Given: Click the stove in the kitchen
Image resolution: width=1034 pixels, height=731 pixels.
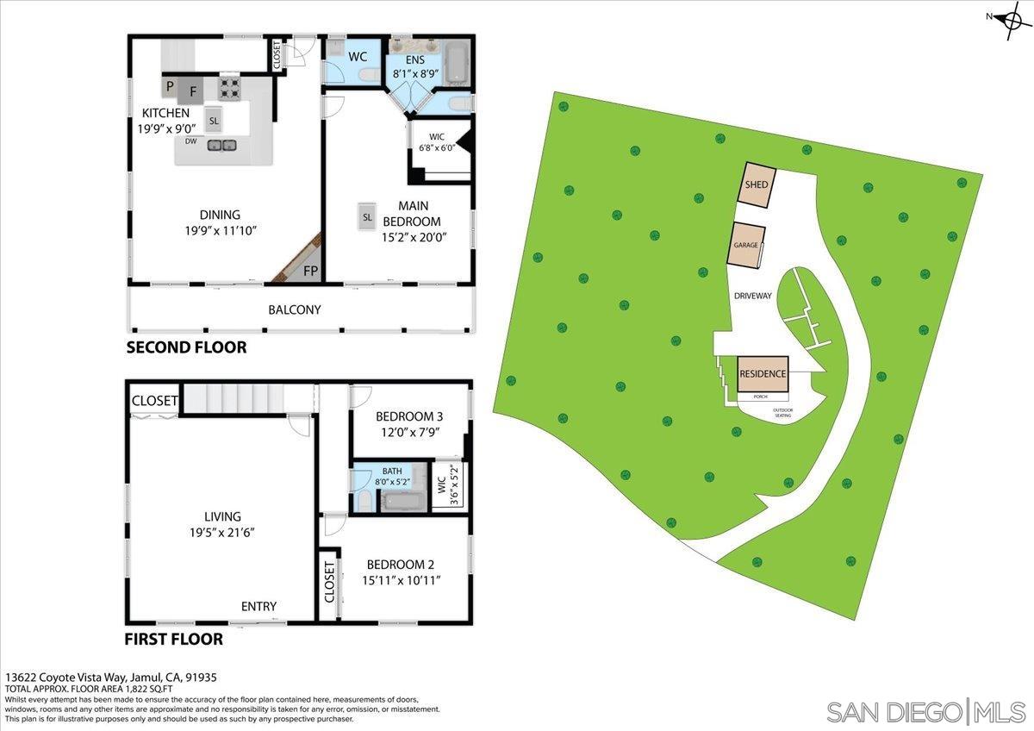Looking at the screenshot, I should [x=230, y=86].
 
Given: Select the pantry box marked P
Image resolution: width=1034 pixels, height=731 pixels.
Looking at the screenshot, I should [x=170, y=86].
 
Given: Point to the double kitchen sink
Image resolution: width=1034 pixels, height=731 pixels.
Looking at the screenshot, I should [x=221, y=146].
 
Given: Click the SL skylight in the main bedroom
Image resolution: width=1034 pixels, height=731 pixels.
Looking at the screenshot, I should [x=367, y=217].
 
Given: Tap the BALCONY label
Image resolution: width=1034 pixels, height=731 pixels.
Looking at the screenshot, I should [x=294, y=309].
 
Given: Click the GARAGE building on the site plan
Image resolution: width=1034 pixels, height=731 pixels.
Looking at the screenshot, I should [x=746, y=245].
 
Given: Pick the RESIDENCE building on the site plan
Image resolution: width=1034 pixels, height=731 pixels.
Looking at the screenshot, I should [x=763, y=373].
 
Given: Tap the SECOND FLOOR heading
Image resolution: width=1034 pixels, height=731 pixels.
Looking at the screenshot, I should [x=186, y=348].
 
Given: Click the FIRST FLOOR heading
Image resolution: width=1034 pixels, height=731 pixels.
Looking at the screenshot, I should [x=173, y=640].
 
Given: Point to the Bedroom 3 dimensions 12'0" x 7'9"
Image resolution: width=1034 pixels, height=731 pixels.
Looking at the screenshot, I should [x=409, y=433].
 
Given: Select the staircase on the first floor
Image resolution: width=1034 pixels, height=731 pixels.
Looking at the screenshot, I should [x=234, y=399].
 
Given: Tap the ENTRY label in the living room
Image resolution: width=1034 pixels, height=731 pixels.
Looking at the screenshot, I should [x=258, y=607].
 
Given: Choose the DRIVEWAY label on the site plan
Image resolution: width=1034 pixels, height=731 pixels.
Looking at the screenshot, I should [x=752, y=296].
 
